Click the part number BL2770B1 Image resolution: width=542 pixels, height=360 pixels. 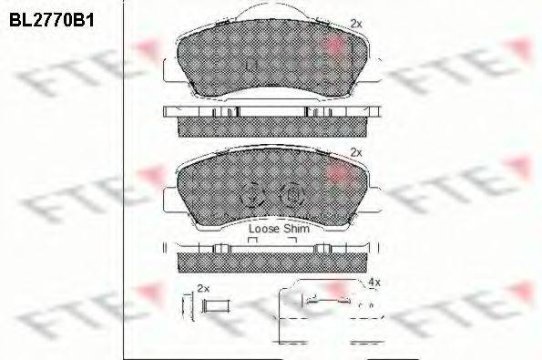point(52,20)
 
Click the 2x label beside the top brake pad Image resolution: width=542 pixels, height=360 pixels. point(356,24)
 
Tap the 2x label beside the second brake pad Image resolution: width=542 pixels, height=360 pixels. point(356,152)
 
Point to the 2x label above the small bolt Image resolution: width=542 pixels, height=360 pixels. point(203,288)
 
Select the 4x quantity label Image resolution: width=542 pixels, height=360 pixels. point(374,283)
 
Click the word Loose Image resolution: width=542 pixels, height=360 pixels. point(264,229)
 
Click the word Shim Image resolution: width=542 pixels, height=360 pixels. point(296,229)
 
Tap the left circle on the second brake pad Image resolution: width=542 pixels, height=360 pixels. point(251,195)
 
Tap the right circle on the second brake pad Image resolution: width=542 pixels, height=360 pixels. point(291,195)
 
